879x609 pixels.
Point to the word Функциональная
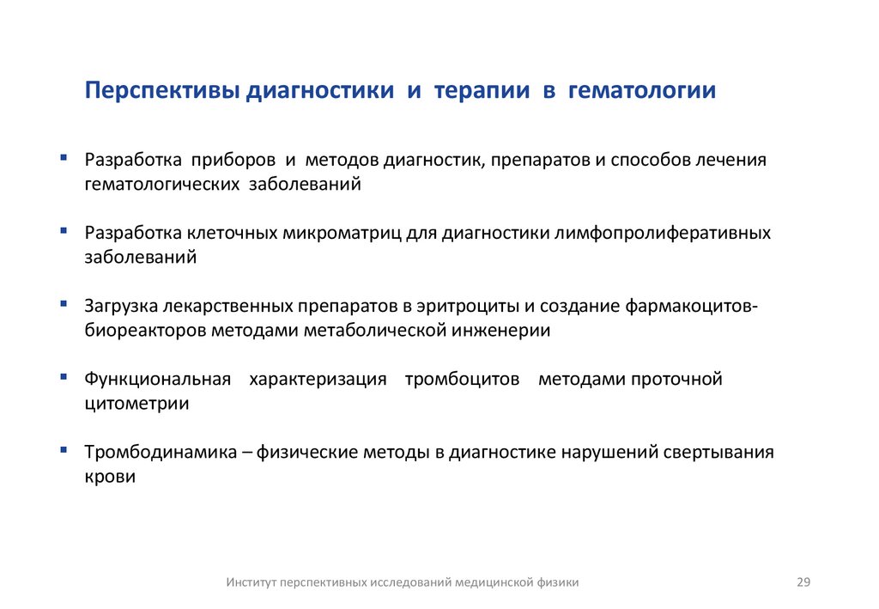[158, 379]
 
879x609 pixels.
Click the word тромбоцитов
[462, 379]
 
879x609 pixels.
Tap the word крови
[110, 476]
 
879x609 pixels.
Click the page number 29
[803, 582]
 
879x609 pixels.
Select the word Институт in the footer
[252, 582]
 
